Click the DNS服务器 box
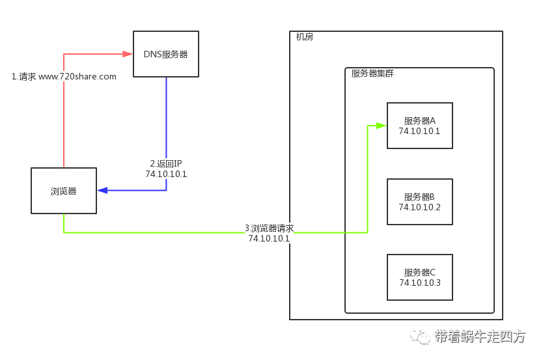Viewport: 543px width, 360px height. click(165, 54)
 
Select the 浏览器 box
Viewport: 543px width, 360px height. click(64, 191)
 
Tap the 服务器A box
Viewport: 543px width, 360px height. click(419, 126)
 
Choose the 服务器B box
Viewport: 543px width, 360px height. click(419, 202)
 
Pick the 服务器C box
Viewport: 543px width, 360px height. click(419, 277)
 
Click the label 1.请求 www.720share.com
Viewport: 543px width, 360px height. click(64, 76)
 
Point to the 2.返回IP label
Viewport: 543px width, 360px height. click(166, 163)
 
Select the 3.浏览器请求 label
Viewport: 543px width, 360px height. click(269, 228)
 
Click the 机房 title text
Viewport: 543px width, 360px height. click(304, 37)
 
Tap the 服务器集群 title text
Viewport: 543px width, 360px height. click(372, 74)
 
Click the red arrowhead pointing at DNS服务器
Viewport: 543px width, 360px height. click(128, 53)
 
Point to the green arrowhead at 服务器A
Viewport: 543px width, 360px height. click(382, 125)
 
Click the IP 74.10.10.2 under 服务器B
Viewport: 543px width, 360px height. click(419, 207)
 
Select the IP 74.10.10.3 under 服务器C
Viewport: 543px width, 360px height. click(419, 283)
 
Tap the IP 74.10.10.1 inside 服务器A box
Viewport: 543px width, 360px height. click(419, 131)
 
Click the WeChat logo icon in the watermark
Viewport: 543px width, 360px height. click(420, 335)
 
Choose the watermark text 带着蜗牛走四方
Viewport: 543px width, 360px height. click(479, 337)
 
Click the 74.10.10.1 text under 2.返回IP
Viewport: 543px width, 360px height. click(166, 174)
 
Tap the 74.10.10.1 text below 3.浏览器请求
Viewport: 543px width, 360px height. click(268, 238)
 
